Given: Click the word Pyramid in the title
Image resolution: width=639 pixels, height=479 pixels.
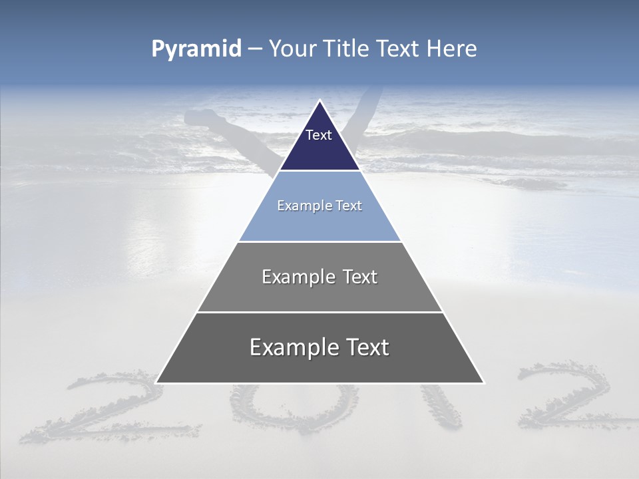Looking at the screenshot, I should (196, 49).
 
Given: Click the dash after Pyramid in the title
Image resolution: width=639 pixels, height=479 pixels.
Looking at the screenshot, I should (254, 49).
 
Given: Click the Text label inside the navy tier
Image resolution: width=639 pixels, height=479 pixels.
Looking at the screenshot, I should (319, 135).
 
